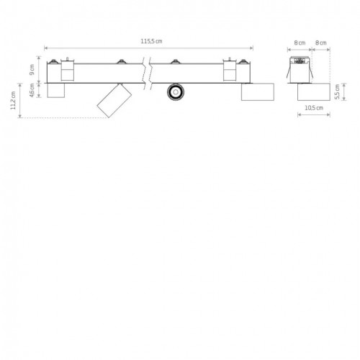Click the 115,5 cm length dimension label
151,41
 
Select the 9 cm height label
32,70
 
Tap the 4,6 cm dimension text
32,91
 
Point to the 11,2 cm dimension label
13,100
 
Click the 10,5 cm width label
314,108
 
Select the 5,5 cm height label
337,91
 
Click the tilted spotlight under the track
114,100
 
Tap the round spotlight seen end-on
176,92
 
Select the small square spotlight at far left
56,91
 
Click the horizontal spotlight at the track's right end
258,91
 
